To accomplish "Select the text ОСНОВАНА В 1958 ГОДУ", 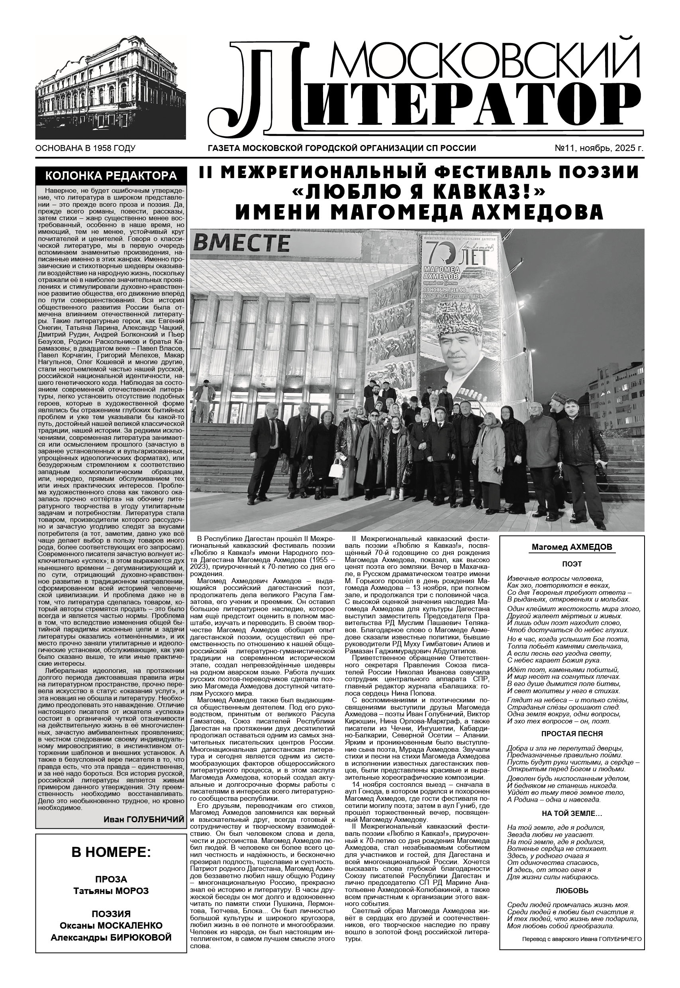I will point(85,148).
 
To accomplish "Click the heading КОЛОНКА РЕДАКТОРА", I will point(111,176).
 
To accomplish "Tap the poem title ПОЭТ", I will point(572,564).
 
